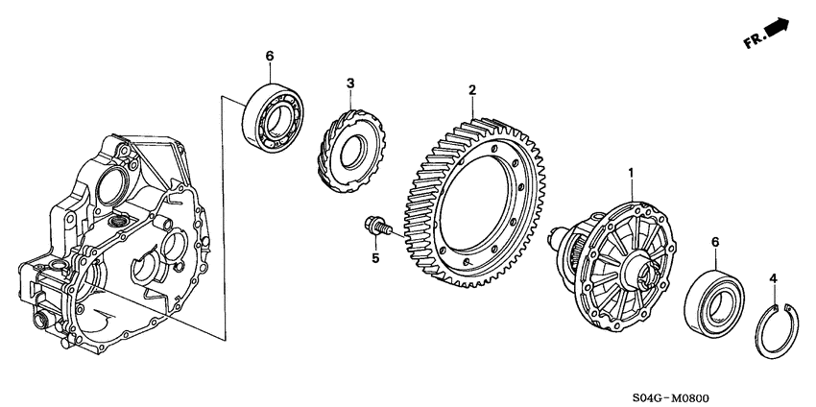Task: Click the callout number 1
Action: click(631, 173)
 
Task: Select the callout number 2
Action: click(472, 91)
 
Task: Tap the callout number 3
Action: click(350, 84)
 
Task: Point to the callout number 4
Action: click(772, 279)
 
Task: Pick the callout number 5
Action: click(375, 257)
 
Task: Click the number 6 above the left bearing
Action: click(270, 57)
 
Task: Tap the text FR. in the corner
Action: click(753, 41)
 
